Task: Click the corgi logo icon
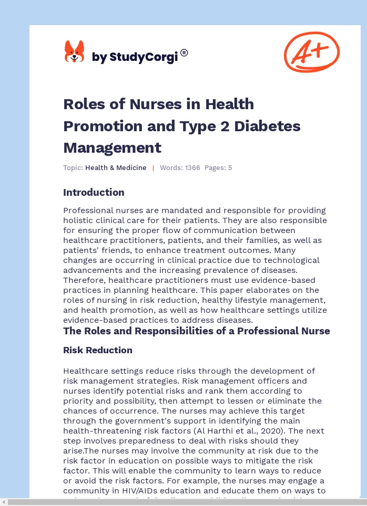(74, 52)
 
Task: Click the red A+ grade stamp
(311, 51)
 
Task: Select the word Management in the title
(112, 147)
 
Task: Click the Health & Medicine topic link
(116, 168)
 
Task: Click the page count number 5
(230, 168)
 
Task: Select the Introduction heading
(94, 192)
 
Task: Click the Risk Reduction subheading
(97, 350)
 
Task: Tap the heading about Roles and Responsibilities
(196, 331)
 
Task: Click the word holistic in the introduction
(79, 220)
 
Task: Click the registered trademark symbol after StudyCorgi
(184, 52)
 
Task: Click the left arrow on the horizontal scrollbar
(4, 502)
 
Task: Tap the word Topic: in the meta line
(73, 168)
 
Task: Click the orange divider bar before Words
(153, 168)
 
